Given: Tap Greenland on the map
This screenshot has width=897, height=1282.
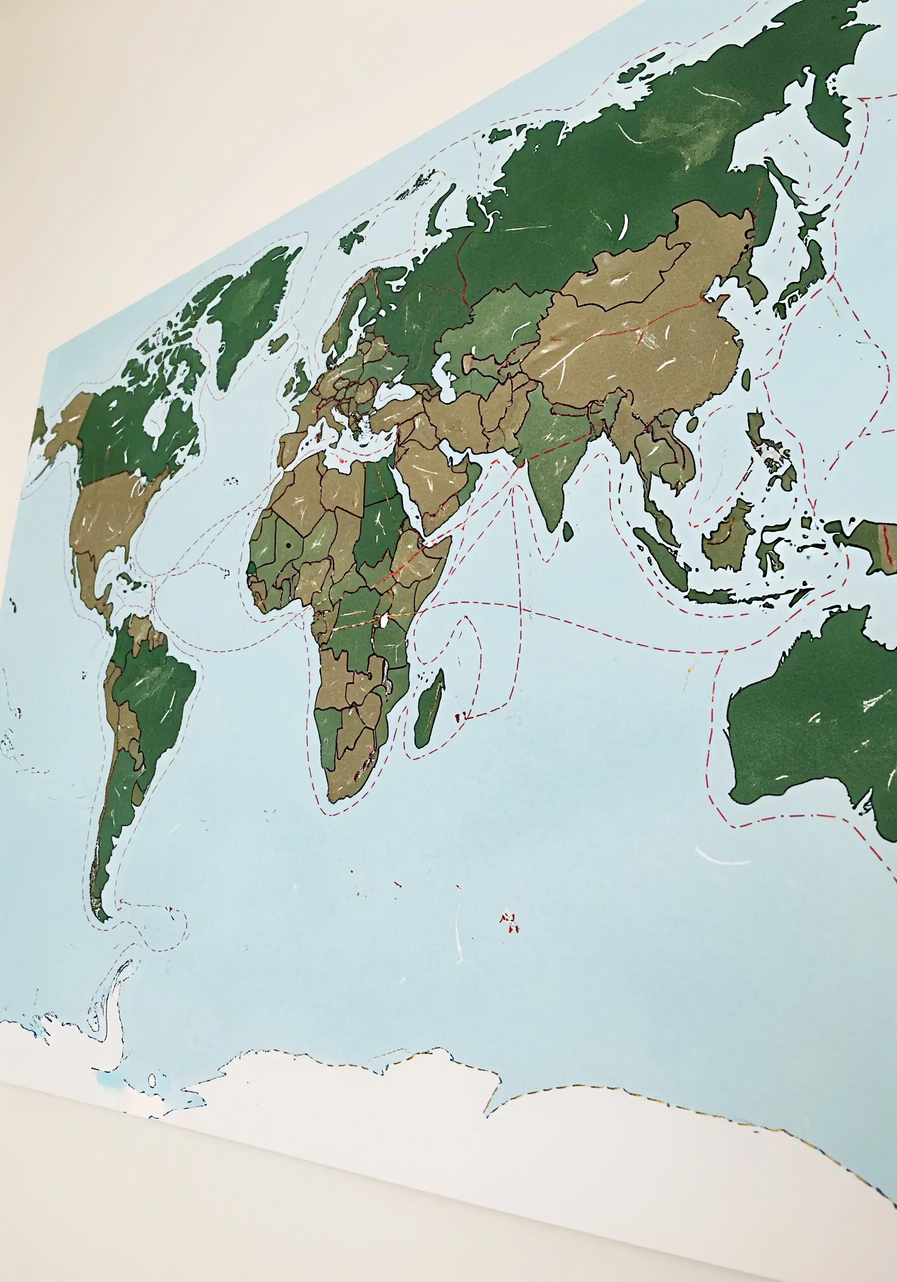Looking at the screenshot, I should click(x=254, y=312).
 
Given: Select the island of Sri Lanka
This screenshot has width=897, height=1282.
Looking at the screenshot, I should click(x=568, y=530).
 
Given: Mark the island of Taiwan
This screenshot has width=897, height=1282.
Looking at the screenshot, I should click(x=746, y=379).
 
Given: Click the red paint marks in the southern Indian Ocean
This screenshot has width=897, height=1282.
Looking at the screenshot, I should click(x=509, y=921).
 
